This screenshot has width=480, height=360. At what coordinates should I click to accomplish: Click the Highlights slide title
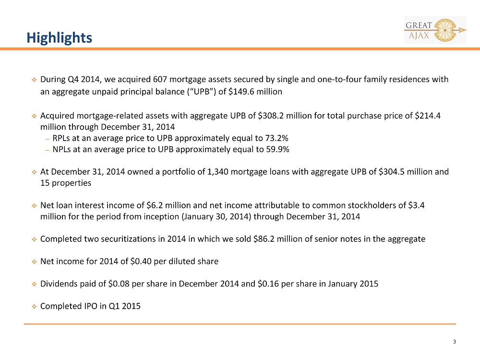click(x=59, y=38)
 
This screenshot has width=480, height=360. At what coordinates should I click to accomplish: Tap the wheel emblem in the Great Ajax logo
click(x=445, y=30)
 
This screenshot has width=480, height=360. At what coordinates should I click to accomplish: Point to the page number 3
click(x=454, y=342)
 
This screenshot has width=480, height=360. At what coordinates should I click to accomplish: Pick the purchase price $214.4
click(x=428, y=116)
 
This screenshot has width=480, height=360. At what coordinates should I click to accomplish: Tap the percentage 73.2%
click(x=277, y=138)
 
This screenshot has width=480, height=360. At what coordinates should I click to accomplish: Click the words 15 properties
click(x=66, y=183)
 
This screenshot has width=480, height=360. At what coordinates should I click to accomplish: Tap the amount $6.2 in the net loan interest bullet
click(x=155, y=205)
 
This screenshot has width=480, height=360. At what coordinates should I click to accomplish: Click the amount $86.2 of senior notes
click(x=264, y=239)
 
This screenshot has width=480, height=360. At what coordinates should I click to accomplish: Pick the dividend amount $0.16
click(x=268, y=284)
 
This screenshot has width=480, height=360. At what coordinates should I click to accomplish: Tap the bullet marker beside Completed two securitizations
click(x=34, y=240)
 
